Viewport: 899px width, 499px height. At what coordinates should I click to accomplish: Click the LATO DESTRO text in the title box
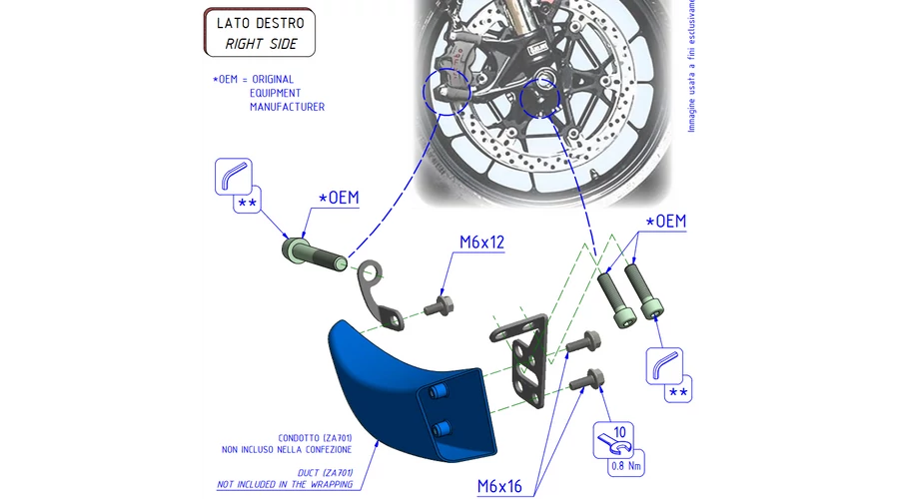tap(260, 22)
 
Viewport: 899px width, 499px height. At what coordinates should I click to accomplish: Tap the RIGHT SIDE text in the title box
tap(261, 43)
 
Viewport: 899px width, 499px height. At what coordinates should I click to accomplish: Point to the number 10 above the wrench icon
tap(619, 431)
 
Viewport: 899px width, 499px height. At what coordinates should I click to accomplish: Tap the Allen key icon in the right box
tap(662, 364)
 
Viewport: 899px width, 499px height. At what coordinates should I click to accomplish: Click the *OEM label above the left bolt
tap(338, 199)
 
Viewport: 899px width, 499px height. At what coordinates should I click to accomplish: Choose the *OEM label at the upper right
tap(666, 221)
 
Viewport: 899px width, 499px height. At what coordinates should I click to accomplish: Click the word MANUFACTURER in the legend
tap(287, 107)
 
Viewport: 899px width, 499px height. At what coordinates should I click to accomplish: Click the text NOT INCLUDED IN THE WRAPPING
tap(285, 485)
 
